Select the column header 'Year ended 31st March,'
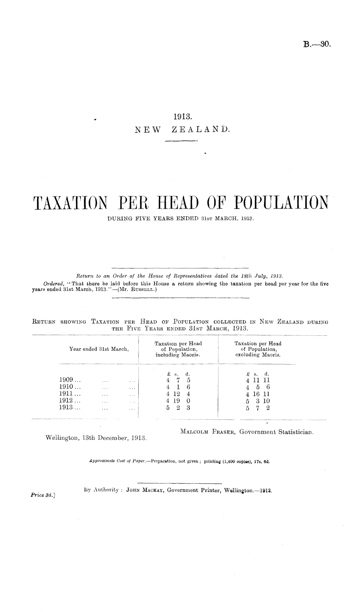click(x=99, y=349)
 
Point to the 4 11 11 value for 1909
click(x=258, y=380)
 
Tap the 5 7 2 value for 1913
click(x=258, y=408)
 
